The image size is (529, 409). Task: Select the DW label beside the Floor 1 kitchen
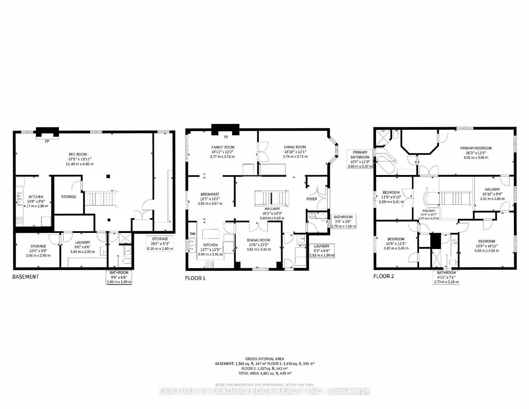[193, 234]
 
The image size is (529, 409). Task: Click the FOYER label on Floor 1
[312, 199]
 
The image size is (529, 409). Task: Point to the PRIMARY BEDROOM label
[476, 148]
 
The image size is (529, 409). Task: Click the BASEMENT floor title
[26, 276]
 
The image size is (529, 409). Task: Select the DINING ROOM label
[258, 240]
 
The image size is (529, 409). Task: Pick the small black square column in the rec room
[109, 176]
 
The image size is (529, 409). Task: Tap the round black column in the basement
[109, 220]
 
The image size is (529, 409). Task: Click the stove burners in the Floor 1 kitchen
[209, 264]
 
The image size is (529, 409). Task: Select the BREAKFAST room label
[210, 194]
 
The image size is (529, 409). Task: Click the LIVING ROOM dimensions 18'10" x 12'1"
[295, 152]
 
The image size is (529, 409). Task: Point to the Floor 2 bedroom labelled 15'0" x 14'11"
[487, 246]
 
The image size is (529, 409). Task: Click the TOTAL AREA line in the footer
[265, 373]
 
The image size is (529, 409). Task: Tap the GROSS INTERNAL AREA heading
[265, 359]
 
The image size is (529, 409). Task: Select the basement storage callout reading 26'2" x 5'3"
[160, 244]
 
